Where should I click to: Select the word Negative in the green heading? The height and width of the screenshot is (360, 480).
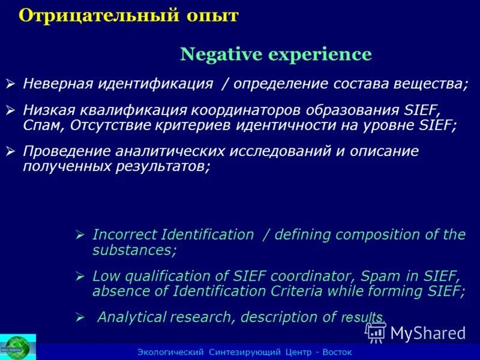click(221, 55)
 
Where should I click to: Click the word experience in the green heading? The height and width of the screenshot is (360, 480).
click(320, 55)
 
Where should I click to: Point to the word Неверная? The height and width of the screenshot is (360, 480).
click(57, 83)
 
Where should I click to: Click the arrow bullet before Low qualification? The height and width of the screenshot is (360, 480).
click(80, 277)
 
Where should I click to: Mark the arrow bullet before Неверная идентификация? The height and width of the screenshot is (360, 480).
click(10, 83)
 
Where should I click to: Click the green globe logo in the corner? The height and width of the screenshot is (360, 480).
click(17, 347)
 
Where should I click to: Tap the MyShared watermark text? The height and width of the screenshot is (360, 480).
click(427, 333)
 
